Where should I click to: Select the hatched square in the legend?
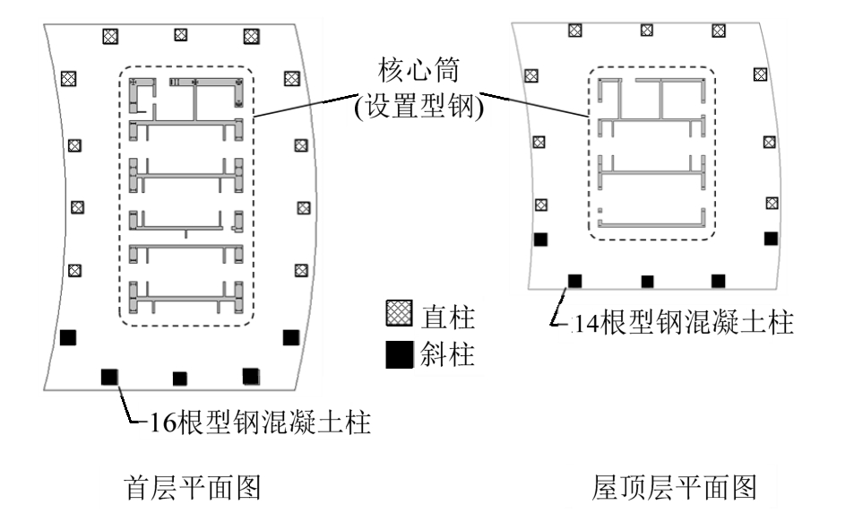point(396,316)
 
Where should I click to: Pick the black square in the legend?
point(396,356)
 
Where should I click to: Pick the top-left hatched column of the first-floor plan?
point(109,36)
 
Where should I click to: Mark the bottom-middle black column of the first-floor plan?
point(179,379)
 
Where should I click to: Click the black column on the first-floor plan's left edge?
point(67,338)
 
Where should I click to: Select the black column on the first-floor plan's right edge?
point(290,337)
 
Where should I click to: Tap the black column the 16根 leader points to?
point(109,377)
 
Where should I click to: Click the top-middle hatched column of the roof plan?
point(646,30)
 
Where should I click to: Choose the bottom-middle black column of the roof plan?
point(647,282)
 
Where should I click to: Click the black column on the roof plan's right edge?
point(770,238)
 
